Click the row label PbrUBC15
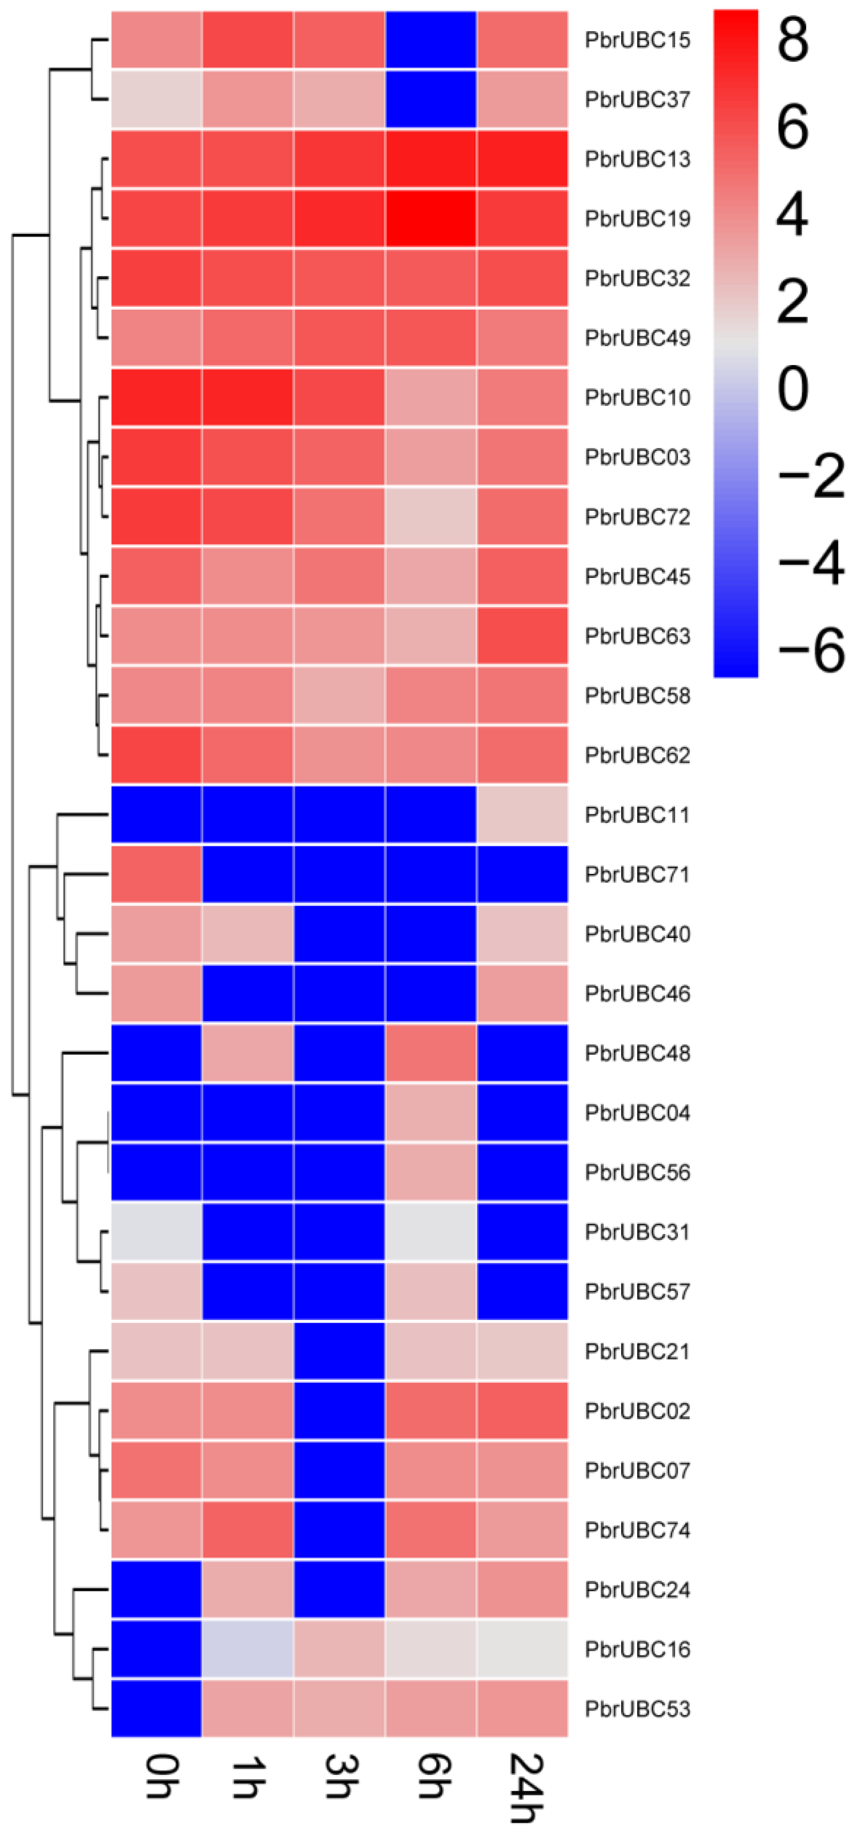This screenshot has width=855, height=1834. tap(637, 40)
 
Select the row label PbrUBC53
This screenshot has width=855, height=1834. tap(637, 1709)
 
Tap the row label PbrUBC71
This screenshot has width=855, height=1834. tap(637, 874)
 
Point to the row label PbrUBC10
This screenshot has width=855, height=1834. tap(637, 397)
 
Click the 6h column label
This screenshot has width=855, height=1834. tap(431, 1776)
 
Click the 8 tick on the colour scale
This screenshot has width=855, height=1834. tap(792, 39)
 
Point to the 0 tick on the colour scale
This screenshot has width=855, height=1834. tap(792, 388)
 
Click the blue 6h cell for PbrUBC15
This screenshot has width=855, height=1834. tap(431, 40)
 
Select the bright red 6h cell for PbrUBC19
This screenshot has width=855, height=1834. tap(431, 219)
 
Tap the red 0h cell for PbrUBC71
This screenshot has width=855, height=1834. tap(156, 874)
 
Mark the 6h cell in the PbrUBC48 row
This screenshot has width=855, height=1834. tap(431, 1053)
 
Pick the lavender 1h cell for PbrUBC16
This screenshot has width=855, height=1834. tap(248, 1649)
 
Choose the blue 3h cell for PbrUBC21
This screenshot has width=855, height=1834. tap(339, 1351)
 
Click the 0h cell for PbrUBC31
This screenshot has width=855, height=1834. tap(156, 1232)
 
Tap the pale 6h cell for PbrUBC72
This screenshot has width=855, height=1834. tap(431, 516)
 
